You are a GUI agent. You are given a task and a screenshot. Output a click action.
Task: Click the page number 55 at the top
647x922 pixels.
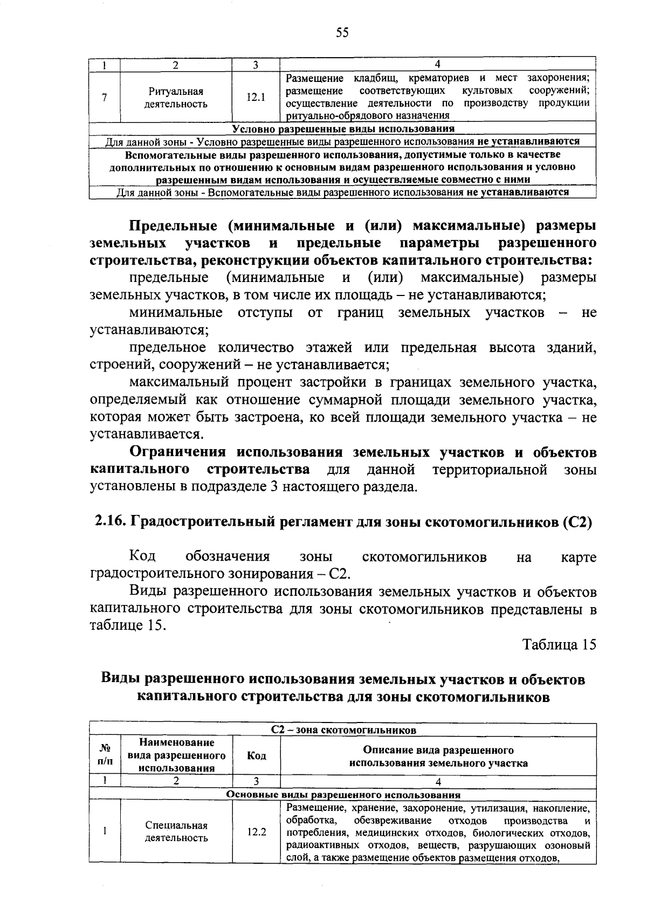pyautogui.click(x=342, y=33)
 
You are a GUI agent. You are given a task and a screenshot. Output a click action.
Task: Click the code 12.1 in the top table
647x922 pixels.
pyautogui.click(x=256, y=98)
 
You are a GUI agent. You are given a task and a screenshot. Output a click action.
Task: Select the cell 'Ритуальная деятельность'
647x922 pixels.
pyautogui.click(x=176, y=98)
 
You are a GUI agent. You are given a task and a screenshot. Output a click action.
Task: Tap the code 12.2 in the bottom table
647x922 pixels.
pyautogui.click(x=256, y=831)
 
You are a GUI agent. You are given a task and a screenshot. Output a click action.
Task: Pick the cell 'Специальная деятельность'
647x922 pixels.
pyautogui.click(x=176, y=831)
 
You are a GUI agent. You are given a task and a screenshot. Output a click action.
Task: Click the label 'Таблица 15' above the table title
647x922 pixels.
pyautogui.click(x=559, y=645)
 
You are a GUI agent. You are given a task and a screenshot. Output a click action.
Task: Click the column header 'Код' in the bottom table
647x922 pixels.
pyautogui.click(x=256, y=756)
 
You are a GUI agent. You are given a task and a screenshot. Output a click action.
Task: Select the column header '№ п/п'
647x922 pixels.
pyautogui.click(x=105, y=756)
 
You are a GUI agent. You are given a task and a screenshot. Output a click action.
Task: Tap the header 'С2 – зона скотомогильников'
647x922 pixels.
pyautogui.click(x=343, y=730)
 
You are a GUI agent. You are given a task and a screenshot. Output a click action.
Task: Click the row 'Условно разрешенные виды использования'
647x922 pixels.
pyautogui.click(x=343, y=129)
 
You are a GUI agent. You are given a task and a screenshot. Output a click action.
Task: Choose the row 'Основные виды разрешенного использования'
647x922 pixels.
pyautogui.click(x=343, y=795)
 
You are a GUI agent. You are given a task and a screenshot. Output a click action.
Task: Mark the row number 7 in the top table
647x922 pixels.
pyautogui.click(x=104, y=98)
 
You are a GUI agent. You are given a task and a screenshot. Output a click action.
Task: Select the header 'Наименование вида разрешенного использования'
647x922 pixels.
pyautogui.click(x=176, y=756)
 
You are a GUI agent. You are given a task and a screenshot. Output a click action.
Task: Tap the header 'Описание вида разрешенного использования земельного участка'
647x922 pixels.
pyautogui.click(x=438, y=756)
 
